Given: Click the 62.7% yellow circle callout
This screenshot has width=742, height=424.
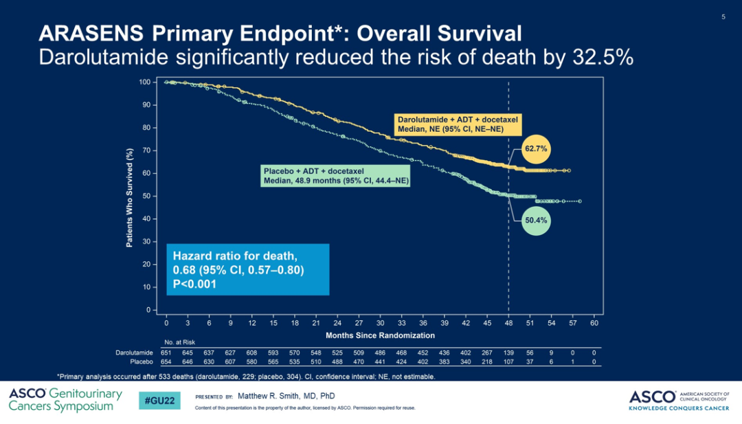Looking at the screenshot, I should click(536, 148).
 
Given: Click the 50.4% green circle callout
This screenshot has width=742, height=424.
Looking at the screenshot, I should click(536, 221).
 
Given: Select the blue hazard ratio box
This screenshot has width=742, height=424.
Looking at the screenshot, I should click(247, 269).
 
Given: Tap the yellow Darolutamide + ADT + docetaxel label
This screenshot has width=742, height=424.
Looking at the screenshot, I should click(458, 124).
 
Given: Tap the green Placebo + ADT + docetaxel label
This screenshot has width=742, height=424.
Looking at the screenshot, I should click(335, 176).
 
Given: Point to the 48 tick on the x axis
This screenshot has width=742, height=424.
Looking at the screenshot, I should click(508, 322).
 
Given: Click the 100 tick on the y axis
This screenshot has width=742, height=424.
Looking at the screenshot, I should click(145, 82).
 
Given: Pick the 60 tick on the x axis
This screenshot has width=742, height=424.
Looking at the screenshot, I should click(594, 322).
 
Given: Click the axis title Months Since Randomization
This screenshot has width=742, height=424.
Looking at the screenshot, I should click(380, 335).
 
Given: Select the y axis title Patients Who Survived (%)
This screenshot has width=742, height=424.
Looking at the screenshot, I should click(129, 199).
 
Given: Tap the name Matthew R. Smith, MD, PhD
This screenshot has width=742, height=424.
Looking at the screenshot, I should click(286, 397).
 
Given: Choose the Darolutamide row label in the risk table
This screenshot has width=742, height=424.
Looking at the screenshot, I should click(134, 353).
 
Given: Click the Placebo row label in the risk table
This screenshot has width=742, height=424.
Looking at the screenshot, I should click(142, 361).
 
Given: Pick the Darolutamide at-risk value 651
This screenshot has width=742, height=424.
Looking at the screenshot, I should click(166, 353).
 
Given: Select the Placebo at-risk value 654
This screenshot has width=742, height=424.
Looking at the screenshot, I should click(166, 361).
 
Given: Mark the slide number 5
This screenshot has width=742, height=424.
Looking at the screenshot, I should click(723, 16).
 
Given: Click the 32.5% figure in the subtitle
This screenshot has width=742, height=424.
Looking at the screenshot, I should click(603, 56).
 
